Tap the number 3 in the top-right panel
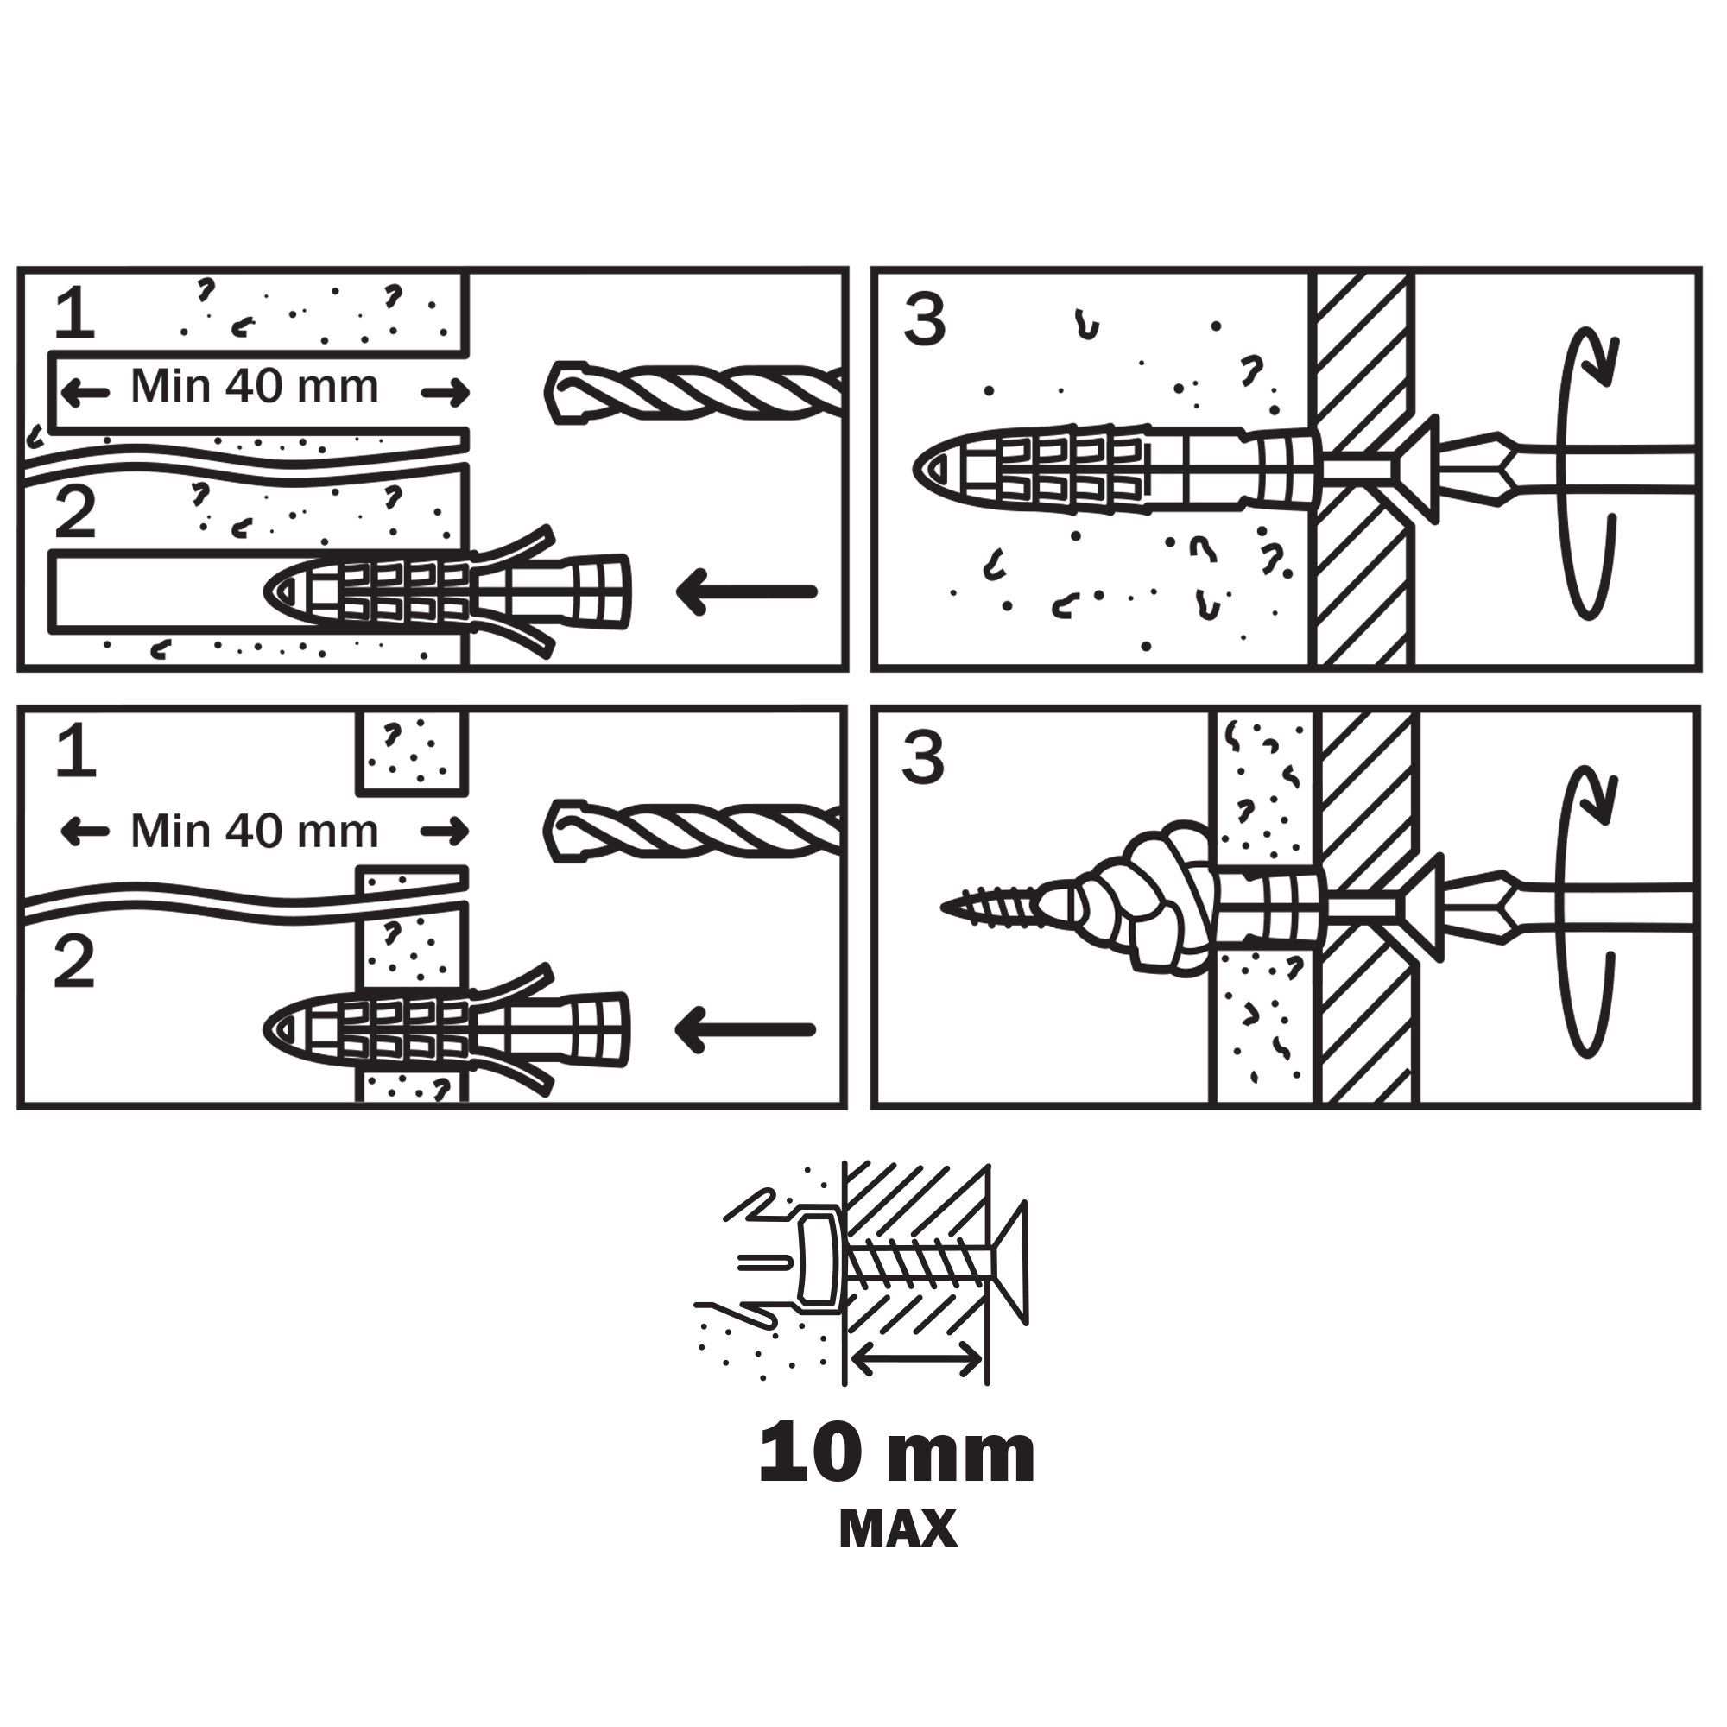point(924,321)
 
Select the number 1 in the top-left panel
point(74,315)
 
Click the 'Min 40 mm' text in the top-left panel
point(255,386)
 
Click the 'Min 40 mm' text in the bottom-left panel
point(255,832)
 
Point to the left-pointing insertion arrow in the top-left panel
point(747,591)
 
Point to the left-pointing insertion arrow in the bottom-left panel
point(745,1030)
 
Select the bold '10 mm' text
point(896,1454)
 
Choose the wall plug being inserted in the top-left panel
point(447,591)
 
